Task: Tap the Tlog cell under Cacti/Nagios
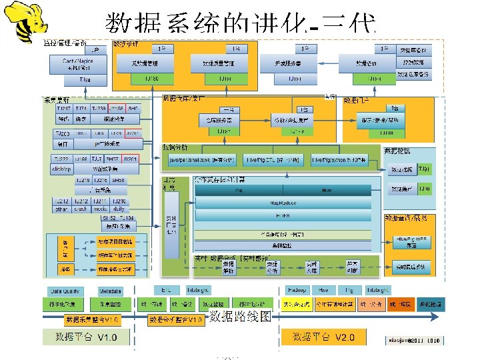(x=85, y=80)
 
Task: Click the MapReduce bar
(x=283, y=202)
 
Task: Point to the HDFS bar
(x=283, y=215)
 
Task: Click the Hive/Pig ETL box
(x=274, y=160)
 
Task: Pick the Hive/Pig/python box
(x=339, y=160)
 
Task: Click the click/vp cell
(x=61, y=169)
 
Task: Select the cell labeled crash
(x=80, y=209)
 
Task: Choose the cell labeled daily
(x=118, y=209)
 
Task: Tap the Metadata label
(x=110, y=291)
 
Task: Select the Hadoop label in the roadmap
(x=296, y=291)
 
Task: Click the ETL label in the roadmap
(x=166, y=291)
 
